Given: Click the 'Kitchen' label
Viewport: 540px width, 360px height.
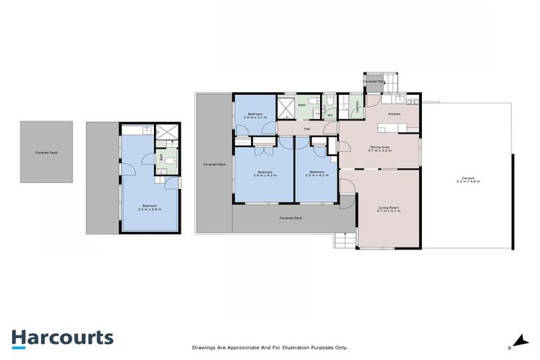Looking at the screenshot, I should click(394, 113).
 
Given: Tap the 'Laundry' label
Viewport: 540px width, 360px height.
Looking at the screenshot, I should click(357, 107).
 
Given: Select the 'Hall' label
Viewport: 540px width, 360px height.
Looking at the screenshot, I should click(307, 129).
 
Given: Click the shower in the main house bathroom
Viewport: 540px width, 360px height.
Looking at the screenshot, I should click(287, 108).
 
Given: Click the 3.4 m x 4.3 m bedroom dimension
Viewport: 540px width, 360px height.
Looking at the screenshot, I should click(264, 174).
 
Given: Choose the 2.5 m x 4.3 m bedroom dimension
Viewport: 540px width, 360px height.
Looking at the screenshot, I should click(316, 174).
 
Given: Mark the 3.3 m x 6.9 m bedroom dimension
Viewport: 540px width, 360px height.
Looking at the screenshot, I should click(149, 209).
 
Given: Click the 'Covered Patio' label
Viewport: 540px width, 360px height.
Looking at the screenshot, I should click(374, 82).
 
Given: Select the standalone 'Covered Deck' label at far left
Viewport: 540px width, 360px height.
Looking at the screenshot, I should click(46, 153).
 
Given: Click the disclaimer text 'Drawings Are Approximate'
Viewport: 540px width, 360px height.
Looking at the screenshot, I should click(269, 347).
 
